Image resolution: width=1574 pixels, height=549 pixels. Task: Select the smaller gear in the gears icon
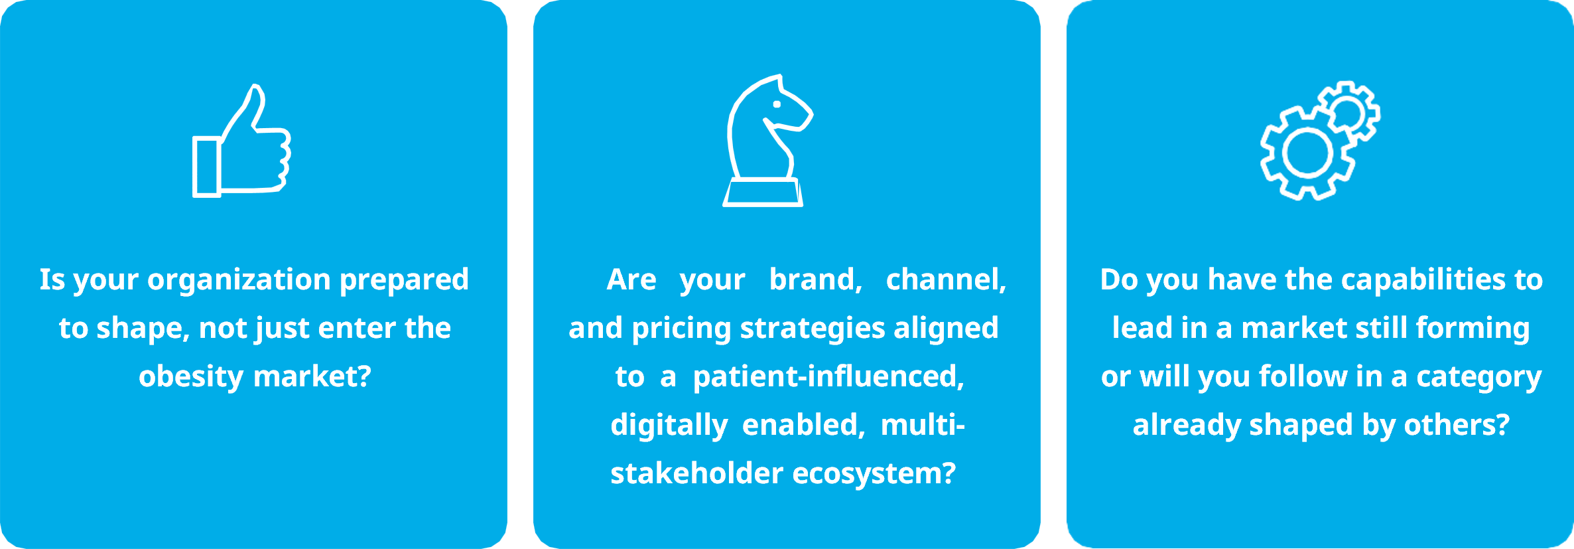click(x=1348, y=112)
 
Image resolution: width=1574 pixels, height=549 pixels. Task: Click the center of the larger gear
click(x=1307, y=153)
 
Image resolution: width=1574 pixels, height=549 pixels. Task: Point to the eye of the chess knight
click(x=777, y=104)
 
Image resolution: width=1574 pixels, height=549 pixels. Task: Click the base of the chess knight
click(x=763, y=193)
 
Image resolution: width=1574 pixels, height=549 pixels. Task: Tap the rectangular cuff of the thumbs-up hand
click(x=206, y=167)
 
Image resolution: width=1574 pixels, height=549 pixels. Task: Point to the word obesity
click(x=192, y=377)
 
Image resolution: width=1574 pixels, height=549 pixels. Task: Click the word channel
click(x=946, y=280)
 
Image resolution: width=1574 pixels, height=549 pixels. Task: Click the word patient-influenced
click(x=828, y=377)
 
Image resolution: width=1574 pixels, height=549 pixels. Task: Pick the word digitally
click(x=669, y=426)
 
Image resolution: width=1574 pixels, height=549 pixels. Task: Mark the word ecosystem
click(x=874, y=474)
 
